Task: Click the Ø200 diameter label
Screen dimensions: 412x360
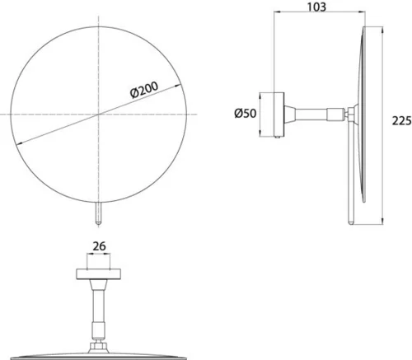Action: coord(144,90)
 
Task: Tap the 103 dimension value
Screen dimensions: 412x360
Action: coord(316,7)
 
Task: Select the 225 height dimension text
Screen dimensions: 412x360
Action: coord(401,120)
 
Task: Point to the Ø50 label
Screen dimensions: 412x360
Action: coord(246,113)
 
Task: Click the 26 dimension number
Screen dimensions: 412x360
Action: coord(99,246)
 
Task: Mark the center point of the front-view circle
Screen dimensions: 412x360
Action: coord(99,114)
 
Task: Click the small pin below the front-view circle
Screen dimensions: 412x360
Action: coord(98,213)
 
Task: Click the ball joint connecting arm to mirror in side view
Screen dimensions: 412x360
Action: coord(347,115)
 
